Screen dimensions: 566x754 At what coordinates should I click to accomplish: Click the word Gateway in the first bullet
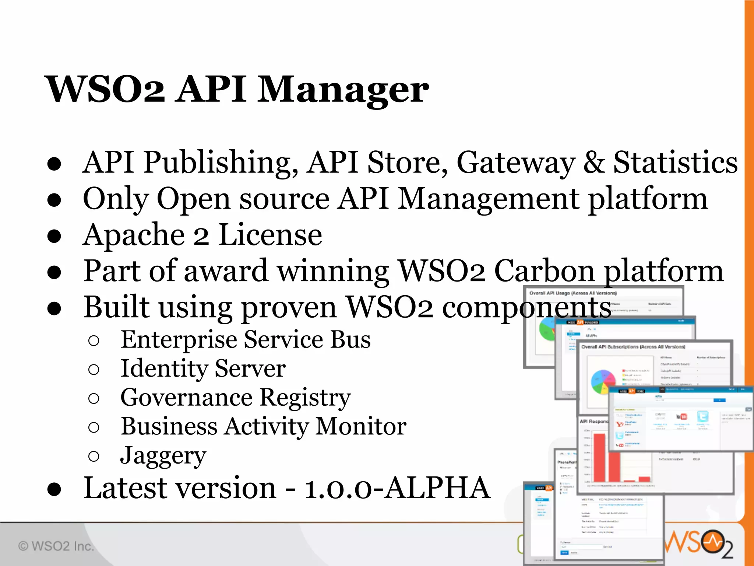[x=515, y=163]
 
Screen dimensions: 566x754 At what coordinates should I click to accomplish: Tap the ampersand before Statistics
[x=594, y=162]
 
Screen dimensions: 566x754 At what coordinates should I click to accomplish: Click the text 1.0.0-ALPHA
[x=397, y=488]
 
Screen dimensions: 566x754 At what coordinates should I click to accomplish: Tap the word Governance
[x=186, y=398]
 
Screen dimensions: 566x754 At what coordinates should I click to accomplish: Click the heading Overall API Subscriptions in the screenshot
[x=633, y=347]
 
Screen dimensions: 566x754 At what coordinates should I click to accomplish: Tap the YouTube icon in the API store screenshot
[x=681, y=417]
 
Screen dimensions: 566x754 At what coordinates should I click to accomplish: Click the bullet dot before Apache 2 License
[x=54, y=236]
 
